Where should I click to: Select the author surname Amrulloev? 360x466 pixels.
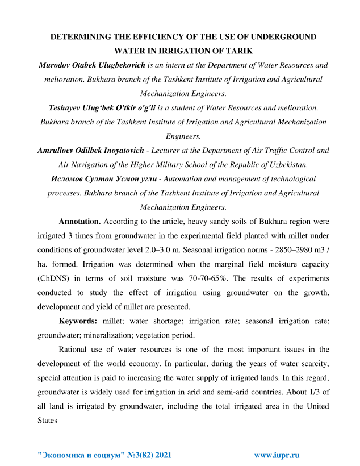coord(59,151)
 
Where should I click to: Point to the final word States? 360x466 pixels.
coord(49,421)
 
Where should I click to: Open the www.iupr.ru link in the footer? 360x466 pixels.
coord(277,455)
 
